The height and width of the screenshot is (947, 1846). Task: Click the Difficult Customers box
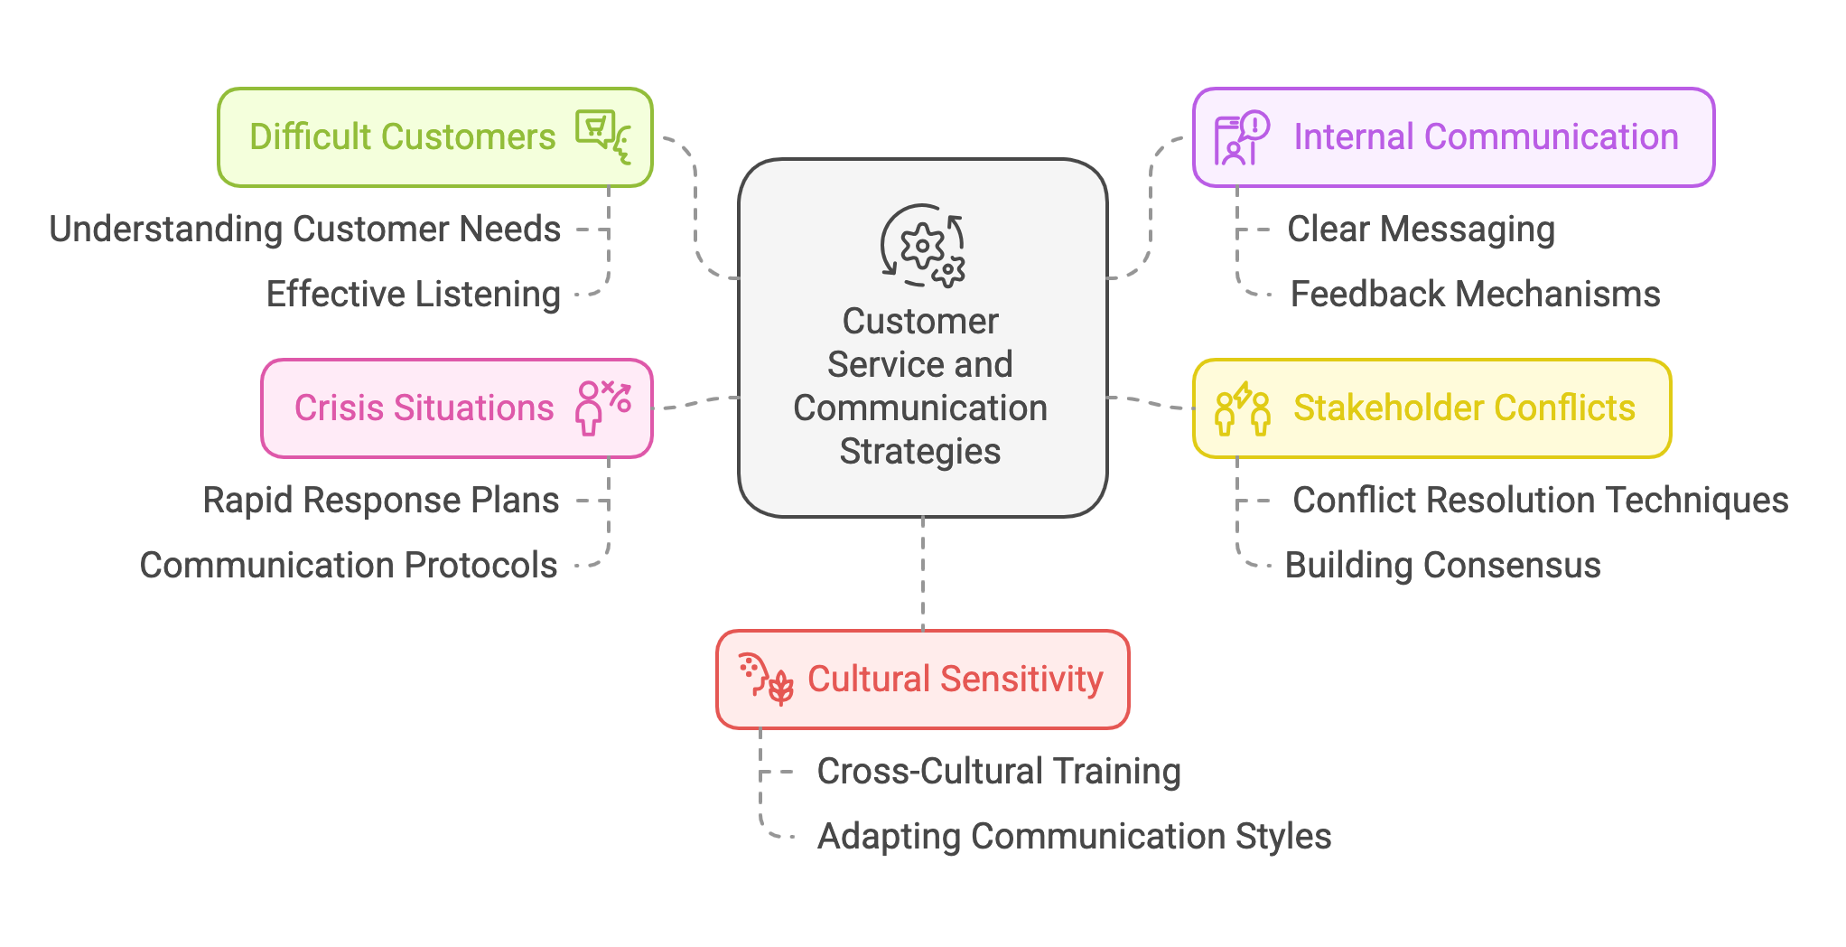(402, 137)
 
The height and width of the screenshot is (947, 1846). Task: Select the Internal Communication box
(1485, 137)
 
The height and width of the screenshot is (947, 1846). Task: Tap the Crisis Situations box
(424, 408)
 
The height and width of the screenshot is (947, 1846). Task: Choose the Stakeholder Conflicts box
(1463, 408)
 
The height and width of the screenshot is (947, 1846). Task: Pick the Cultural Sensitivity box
(955, 680)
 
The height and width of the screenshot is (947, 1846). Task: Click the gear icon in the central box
(923, 246)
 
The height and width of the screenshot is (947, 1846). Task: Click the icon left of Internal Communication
(1242, 138)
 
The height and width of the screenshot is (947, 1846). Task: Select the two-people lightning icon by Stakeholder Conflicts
(1243, 408)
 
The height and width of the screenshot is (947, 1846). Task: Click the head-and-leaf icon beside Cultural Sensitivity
(766, 679)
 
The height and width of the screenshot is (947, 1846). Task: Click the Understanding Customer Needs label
(305, 230)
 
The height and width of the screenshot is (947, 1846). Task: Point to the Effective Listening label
(414, 295)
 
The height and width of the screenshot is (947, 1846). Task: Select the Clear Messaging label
(1421, 230)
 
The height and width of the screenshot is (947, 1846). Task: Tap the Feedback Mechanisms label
(1475, 295)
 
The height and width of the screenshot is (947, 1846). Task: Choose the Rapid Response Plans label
(381, 501)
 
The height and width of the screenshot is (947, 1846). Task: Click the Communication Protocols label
(349, 566)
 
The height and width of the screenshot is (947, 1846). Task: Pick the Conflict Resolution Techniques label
(1540, 501)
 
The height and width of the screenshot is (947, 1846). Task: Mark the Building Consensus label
(1442, 566)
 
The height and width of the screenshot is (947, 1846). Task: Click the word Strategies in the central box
(920, 452)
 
